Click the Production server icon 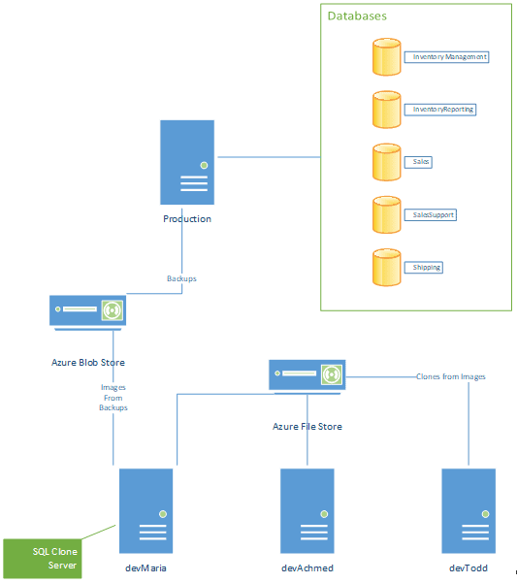pyautogui.click(x=187, y=162)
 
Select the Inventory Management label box pyautogui.click(x=446, y=57)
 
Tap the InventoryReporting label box pyautogui.click(x=440, y=110)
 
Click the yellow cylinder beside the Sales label pyautogui.click(x=387, y=162)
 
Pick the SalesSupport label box pyautogui.click(x=431, y=215)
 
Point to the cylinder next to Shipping pyautogui.click(x=387, y=268)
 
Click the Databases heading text pyautogui.click(x=357, y=16)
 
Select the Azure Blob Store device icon pyautogui.click(x=87, y=312)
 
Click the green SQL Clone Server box pyautogui.click(x=43, y=559)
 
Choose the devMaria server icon pyautogui.click(x=146, y=511)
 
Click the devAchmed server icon pyautogui.click(x=307, y=511)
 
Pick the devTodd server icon pyautogui.click(x=469, y=511)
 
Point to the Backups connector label pyautogui.click(x=181, y=278)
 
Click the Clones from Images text pyautogui.click(x=450, y=376)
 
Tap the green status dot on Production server pyautogui.click(x=204, y=165)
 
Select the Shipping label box pyautogui.click(x=423, y=268)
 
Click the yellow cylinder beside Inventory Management pyautogui.click(x=387, y=57)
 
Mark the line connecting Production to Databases pyautogui.click(x=269, y=157)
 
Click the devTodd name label pyautogui.click(x=469, y=568)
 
